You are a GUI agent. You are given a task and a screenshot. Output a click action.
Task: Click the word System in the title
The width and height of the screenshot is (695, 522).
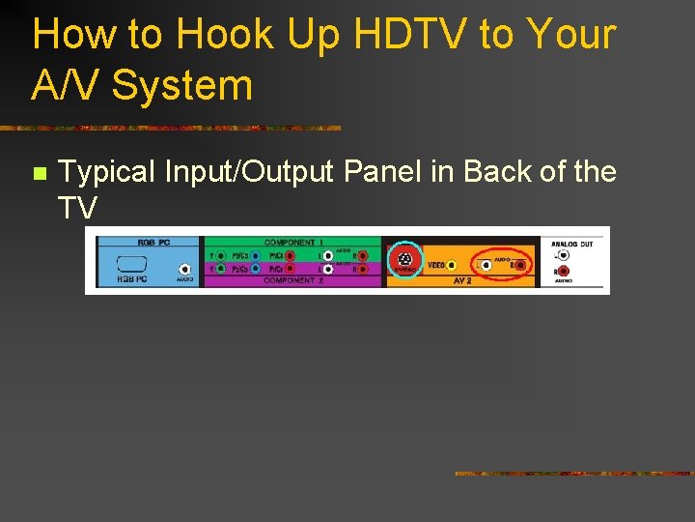click(182, 85)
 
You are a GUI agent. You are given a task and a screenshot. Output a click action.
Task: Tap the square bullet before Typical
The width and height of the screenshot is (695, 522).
click(39, 174)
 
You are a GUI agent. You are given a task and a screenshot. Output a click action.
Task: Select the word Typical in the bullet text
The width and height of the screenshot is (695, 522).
click(107, 172)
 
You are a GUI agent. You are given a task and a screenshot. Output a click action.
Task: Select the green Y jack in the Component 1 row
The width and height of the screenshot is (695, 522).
click(221, 256)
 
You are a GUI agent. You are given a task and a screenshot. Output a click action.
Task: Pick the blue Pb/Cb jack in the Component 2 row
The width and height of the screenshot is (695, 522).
click(255, 269)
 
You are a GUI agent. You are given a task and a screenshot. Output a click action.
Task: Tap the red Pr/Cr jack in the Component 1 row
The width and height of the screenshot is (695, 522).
click(289, 256)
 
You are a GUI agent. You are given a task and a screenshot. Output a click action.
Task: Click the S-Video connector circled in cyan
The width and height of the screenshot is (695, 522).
click(405, 259)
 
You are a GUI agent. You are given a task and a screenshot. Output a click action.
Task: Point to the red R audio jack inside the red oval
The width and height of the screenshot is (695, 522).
click(520, 264)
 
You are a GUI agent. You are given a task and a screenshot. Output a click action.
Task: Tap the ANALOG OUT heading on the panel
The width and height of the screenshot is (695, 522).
click(571, 244)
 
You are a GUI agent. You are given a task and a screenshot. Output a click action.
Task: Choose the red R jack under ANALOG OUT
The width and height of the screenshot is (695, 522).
click(562, 272)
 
